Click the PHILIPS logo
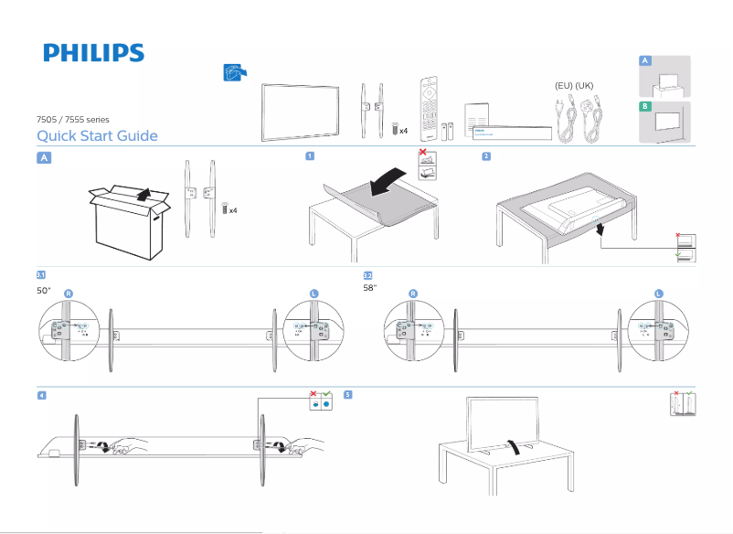pyautogui.click(x=93, y=53)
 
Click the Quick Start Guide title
pyautogui.click(x=97, y=136)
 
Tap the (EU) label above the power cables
pyautogui.click(x=564, y=86)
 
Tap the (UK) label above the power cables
pyautogui.click(x=585, y=86)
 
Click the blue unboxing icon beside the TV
pyautogui.click(x=235, y=73)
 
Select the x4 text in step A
pyautogui.click(x=233, y=210)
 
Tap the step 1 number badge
pyautogui.click(x=311, y=156)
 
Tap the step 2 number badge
pyautogui.click(x=486, y=156)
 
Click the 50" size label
pyautogui.click(x=43, y=290)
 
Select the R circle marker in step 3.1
pyautogui.click(x=69, y=293)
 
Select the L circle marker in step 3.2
pyautogui.click(x=658, y=293)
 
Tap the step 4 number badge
pyautogui.click(x=42, y=395)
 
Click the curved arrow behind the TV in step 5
pyautogui.click(x=519, y=445)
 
